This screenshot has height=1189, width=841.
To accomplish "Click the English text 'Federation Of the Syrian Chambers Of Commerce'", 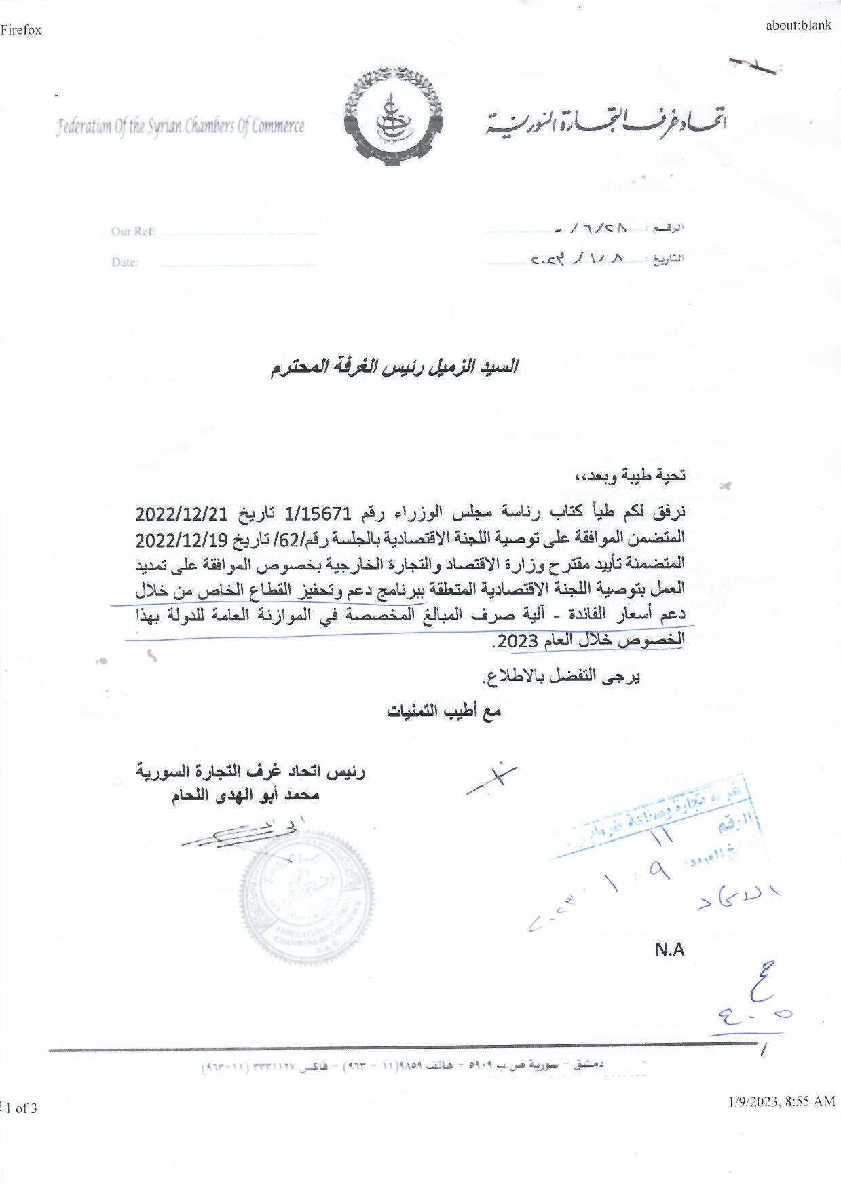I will coord(181,127).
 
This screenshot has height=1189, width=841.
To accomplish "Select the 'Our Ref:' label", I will coord(133,232).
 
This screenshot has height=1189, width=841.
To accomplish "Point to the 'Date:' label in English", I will coord(125,263).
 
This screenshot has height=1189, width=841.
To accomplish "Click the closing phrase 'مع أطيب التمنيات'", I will coord(444,712).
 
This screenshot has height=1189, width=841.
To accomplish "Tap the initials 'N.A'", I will coord(669,950).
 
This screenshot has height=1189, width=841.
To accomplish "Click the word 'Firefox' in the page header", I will coord(21,30).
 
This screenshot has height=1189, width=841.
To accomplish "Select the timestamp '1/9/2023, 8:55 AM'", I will coord(778,1101).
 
